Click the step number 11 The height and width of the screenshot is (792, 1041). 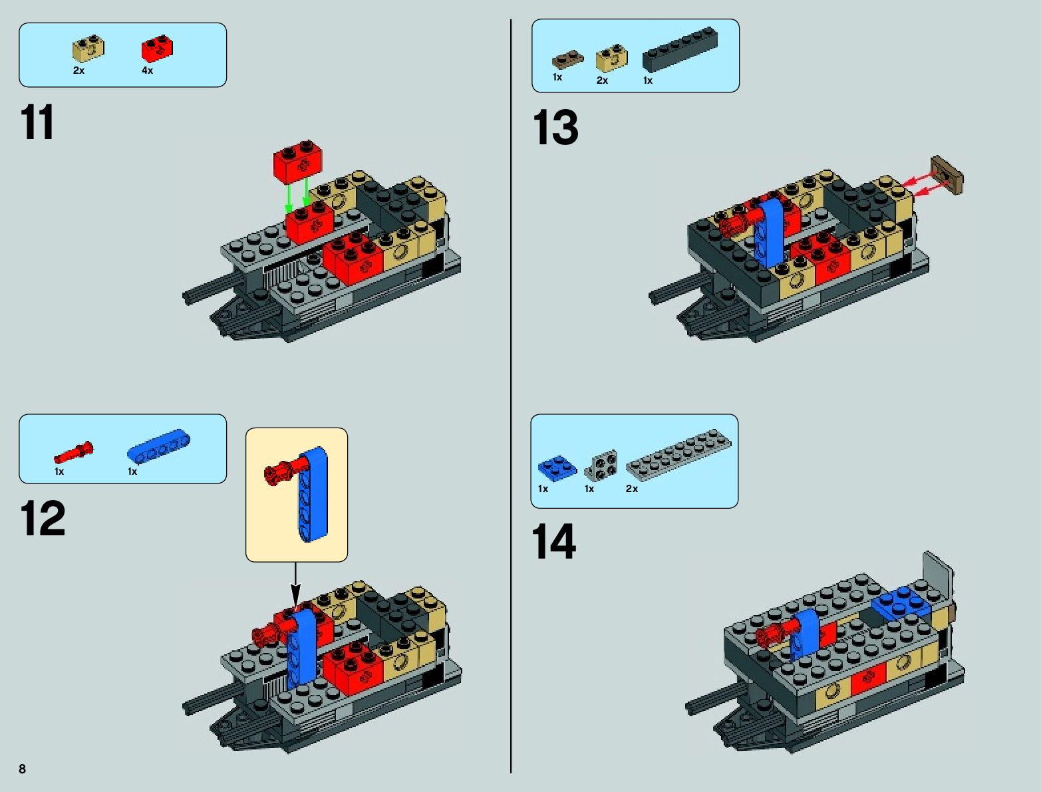click(37, 122)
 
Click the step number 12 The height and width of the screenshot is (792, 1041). click(43, 518)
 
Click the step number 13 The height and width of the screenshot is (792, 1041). click(556, 127)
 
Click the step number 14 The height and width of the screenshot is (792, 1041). click(554, 541)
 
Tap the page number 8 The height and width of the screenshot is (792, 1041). click(23, 769)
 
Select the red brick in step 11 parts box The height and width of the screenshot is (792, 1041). click(158, 49)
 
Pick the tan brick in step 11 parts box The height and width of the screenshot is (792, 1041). click(88, 49)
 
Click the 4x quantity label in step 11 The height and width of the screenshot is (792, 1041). click(147, 70)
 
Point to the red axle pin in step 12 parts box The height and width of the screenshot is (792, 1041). click(74, 453)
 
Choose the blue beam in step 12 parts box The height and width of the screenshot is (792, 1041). click(158, 446)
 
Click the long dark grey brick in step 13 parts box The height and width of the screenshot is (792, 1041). click(680, 49)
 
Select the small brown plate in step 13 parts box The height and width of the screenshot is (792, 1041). click(567, 59)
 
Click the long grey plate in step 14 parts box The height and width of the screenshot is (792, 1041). click(678, 453)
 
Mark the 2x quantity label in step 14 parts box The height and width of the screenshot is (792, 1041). click(632, 489)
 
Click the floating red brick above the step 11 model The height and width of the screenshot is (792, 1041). click(298, 162)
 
